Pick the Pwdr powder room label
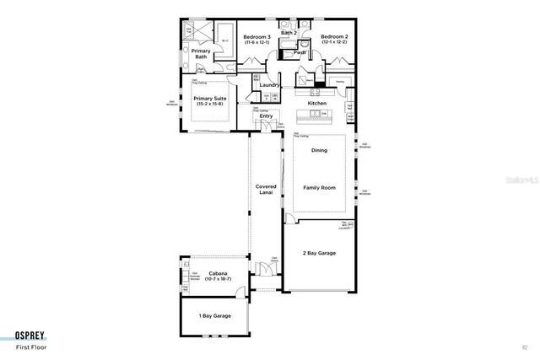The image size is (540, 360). pyautogui.click(x=300, y=52)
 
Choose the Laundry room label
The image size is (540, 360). pyautogui.click(x=270, y=85)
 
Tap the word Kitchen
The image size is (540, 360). pyautogui.click(x=317, y=103)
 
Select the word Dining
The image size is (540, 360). pyautogui.click(x=319, y=150)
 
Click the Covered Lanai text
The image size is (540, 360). pyautogui.click(x=267, y=191)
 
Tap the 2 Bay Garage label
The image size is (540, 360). pyautogui.click(x=320, y=253)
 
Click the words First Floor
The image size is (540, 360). pyautogui.click(x=30, y=347)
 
